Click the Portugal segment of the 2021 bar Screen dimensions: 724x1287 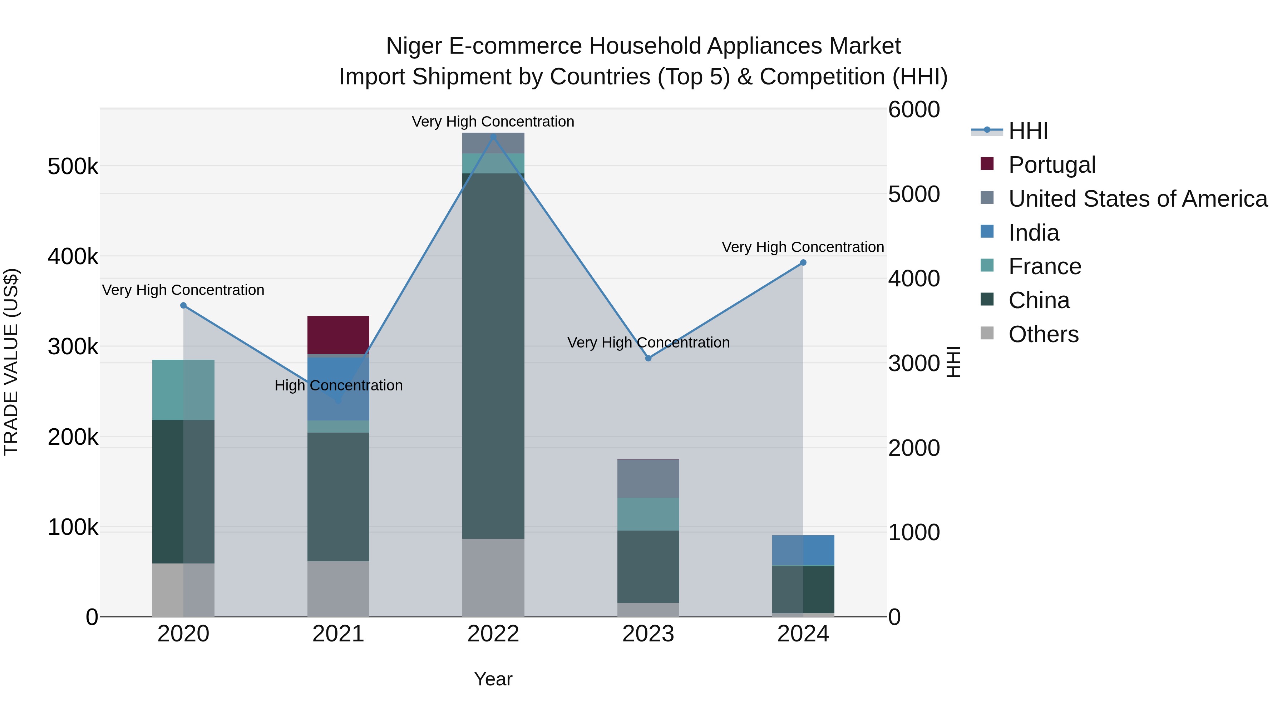(338, 335)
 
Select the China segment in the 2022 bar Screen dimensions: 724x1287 (493, 356)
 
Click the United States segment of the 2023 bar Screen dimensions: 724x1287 (648, 478)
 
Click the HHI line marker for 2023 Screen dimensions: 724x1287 (648, 358)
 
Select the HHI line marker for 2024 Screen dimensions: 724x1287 (803, 262)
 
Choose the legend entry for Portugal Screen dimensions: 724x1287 (1052, 165)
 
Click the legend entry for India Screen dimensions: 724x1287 (1033, 233)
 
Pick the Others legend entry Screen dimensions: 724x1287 (1043, 334)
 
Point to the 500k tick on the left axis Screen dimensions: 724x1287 (73, 166)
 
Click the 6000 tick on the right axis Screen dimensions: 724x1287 (914, 109)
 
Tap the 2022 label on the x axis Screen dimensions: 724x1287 (493, 634)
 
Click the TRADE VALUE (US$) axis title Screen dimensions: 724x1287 (11, 362)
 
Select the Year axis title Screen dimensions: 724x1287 (493, 679)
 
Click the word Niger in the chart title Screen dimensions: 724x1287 (414, 46)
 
